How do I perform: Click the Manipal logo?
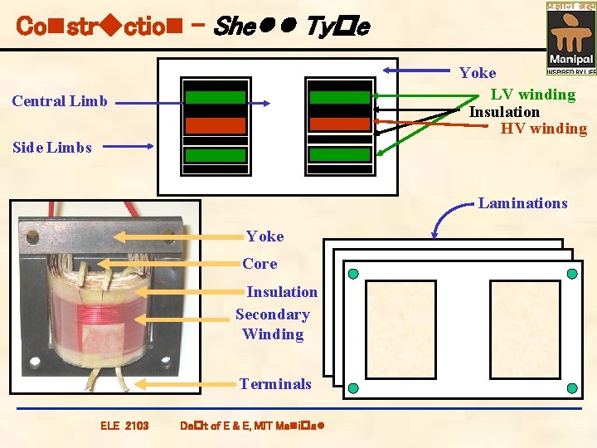pos(570,37)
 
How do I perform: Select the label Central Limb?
pos(60,101)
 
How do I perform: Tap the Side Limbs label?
pos(51,148)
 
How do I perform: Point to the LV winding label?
pos(532,94)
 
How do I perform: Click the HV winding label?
pos(543,129)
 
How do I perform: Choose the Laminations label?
pos(522,203)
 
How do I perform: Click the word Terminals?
pos(275,384)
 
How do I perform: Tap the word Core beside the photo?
pos(260,264)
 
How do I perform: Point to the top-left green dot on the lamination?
pos(352,274)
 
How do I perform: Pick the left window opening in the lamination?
pos(400,329)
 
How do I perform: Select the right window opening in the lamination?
pos(525,329)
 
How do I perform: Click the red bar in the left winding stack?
pos(215,125)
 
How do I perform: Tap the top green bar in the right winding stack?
pos(340,96)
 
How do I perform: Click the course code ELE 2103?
pos(124,426)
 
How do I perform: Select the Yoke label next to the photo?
pos(265,236)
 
